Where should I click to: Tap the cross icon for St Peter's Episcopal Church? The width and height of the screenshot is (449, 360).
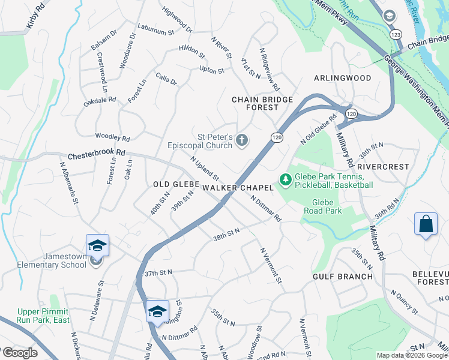(242, 140)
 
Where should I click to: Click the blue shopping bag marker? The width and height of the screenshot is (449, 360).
(426, 224)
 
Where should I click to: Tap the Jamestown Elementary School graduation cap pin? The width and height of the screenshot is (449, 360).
(97, 246)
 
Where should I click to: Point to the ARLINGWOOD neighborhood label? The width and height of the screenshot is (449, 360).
(343, 78)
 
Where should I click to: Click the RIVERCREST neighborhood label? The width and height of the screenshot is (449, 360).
(383, 166)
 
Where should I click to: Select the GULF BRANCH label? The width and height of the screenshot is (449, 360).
(343, 276)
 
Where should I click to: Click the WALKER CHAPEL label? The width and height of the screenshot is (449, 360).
(238, 188)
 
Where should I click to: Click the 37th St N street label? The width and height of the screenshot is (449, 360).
(158, 272)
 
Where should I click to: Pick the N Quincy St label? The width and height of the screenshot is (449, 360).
(404, 301)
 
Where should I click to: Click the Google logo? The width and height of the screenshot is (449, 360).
(19, 353)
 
